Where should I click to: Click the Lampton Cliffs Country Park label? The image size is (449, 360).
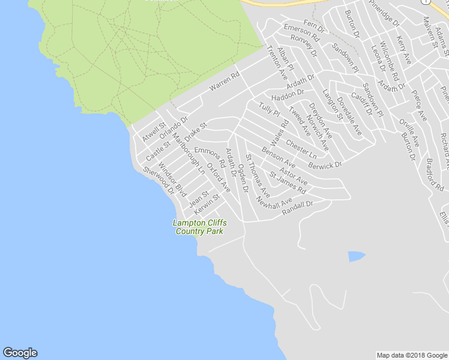(199, 227)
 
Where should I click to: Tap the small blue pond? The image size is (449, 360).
(356, 257)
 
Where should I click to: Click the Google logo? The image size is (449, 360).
(20, 353)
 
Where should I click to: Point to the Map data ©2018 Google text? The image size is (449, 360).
(411, 355)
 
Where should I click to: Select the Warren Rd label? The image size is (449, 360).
(224, 82)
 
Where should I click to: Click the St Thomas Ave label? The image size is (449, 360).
(258, 176)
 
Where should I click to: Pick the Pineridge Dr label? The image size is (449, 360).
(384, 13)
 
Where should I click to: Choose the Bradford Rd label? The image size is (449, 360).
(429, 171)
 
